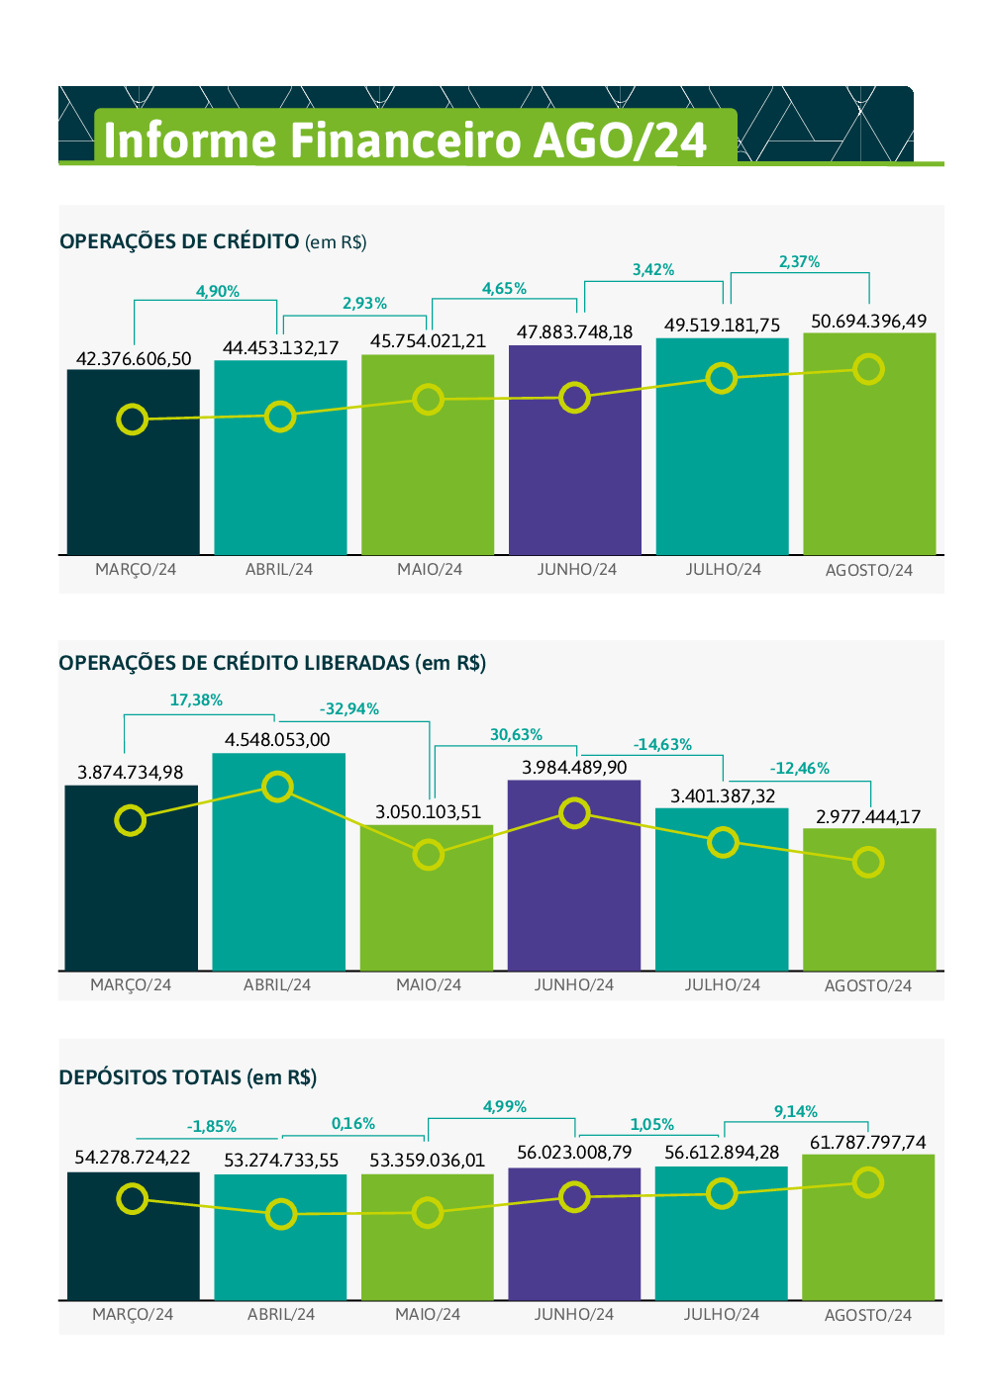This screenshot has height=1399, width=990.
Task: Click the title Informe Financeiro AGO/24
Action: click(405, 140)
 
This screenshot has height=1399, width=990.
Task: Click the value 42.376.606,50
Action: click(134, 358)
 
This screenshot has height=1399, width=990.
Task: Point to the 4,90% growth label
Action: click(218, 291)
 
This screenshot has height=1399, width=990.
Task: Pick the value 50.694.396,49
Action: click(868, 322)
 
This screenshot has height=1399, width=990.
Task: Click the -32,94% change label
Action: click(349, 709)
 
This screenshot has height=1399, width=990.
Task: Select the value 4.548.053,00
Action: click(277, 740)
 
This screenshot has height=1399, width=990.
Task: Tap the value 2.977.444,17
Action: click(868, 817)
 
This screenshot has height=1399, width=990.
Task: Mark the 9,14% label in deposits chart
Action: click(796, 1112)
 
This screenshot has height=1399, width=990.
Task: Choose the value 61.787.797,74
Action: click(868, 1143)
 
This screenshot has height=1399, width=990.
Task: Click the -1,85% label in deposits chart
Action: click(212, 1127)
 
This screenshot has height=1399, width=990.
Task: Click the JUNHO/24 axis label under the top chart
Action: click(577, 570)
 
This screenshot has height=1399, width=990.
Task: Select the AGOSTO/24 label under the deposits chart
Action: click(868, 1315)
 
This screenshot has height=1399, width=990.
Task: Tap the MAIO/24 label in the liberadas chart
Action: click(429, 985)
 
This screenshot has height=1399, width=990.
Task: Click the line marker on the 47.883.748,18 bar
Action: click(574, 398)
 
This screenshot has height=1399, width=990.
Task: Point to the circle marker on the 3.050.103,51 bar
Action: click(428, 855)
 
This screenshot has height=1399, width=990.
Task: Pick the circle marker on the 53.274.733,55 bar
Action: click(281, 1214)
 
